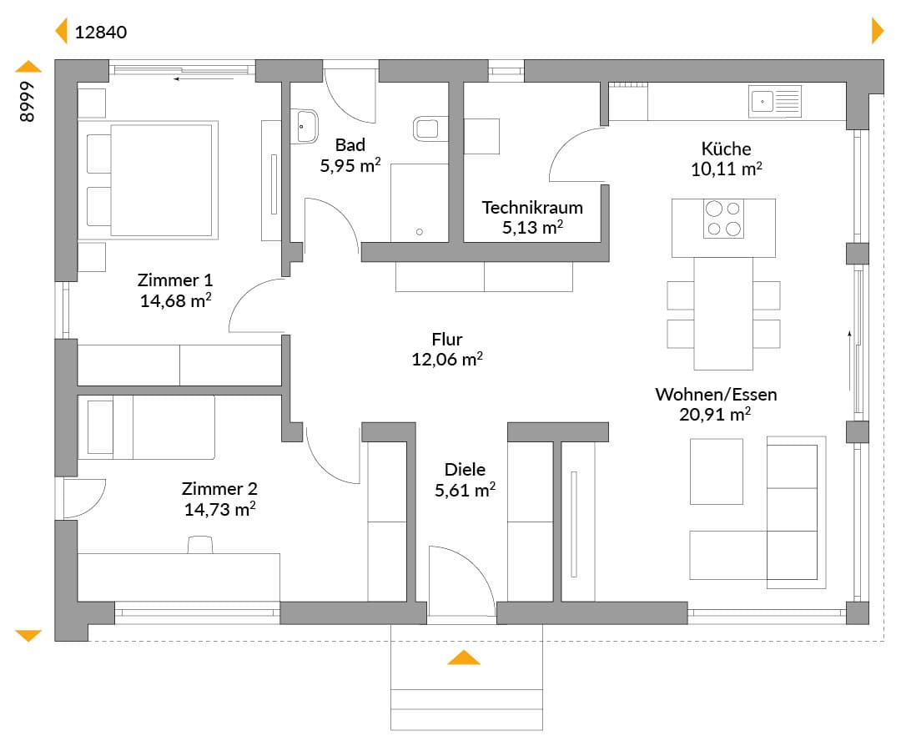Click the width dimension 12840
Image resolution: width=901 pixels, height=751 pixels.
tap(101, 33)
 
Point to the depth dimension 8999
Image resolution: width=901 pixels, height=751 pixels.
tap(27, 101)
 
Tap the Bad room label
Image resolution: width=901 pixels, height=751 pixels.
tap(350, 145)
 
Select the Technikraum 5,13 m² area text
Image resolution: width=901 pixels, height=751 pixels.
tap(532, 228)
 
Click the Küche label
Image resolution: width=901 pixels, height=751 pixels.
tap(726, 149)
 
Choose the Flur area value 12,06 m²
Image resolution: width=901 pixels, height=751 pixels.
tap(446, 360)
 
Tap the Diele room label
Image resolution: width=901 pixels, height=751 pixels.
tap(465, 470)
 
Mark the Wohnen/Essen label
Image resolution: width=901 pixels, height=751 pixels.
tap(716, 394)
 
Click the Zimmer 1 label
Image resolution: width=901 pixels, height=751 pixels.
tap(175, 280)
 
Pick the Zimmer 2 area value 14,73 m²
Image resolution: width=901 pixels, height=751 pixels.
tap(219, 510)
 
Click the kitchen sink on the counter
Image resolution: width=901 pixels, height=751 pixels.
tap(774, 102)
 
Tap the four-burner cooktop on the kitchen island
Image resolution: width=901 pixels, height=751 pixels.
tap(723, 219)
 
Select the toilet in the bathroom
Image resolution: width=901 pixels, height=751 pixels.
tap(430, 129)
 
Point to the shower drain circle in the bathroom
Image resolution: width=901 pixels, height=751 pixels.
tap(420, 232)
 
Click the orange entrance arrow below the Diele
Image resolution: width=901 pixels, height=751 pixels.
tap(464, 658)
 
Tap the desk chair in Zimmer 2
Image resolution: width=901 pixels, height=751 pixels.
tap(200, 544)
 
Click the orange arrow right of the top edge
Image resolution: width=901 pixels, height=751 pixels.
tap(878, 30)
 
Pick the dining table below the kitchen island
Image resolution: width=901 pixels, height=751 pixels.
tap(723, 314)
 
